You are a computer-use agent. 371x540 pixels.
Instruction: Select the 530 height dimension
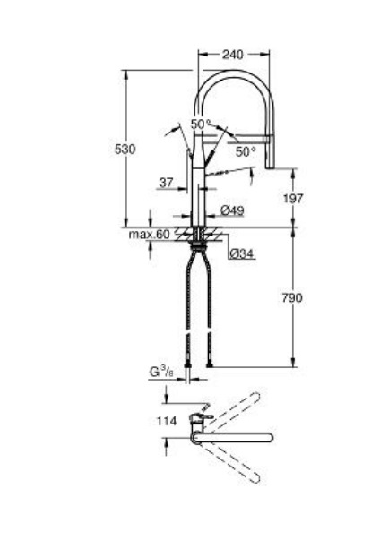point(125,149)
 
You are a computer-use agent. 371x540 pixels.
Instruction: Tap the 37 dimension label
point(166,183)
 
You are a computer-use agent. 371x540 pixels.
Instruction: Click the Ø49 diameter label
point(231,210)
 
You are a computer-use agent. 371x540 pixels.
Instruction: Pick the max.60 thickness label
point(149,235)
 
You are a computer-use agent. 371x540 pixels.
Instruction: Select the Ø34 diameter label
point(240,254)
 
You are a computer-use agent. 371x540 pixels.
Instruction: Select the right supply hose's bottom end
point(210,363)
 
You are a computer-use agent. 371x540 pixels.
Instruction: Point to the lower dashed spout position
point(231,460)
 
